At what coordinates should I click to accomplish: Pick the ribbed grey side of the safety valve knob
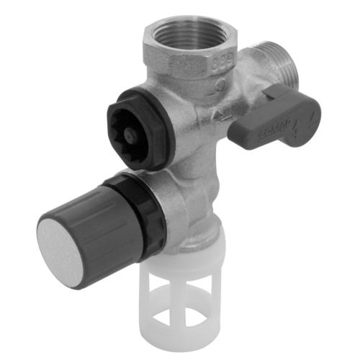point(101,216)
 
